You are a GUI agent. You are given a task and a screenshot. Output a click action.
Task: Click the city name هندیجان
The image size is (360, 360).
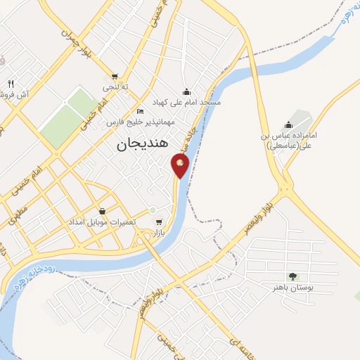[x=141, y=143]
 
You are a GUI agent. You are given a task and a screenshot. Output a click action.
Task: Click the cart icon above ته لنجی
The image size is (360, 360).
[x=115, y=77]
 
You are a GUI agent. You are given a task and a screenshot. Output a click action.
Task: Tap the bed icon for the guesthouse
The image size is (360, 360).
[x=140, y=112]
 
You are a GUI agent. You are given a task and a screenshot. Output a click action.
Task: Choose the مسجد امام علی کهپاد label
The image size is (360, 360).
[x=186, y=103]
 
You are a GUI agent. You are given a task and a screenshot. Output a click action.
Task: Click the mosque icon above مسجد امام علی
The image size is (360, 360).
[x=186, y=91]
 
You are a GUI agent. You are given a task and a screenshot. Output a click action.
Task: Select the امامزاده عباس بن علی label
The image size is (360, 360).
[x=288, y=140]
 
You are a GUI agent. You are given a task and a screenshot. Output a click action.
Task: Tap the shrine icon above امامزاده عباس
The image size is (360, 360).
[x=288, y=125]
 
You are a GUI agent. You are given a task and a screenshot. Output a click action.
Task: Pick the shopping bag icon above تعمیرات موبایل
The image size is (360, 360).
[x=103, y=211]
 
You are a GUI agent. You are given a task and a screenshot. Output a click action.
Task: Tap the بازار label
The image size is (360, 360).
[x=164, y=231]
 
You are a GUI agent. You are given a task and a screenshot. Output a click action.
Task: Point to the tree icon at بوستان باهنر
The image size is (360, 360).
[x=293, y=276]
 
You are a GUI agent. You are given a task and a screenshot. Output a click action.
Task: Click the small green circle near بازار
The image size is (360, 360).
[x=152, y=210]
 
